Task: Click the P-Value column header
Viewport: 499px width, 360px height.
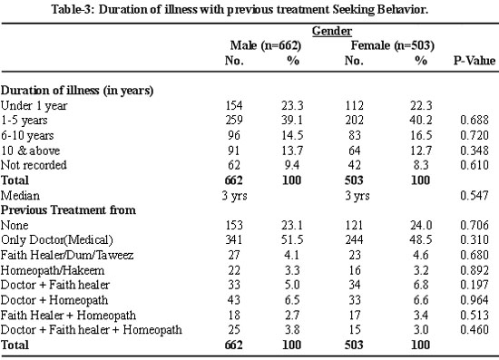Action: click(x=475, y=60)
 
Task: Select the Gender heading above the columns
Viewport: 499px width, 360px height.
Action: click(x=331, y=31)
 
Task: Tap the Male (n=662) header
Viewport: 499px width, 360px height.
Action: click(x=266, y=45)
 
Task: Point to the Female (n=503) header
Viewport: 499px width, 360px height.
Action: click(x=392, y=45)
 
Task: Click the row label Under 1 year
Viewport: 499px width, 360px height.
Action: click(x=34, y=105)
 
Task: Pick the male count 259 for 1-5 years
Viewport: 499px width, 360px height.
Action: click(x=234, y=120)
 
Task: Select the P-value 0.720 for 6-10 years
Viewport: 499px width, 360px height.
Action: click(x=475, y=135)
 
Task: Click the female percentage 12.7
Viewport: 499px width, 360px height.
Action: click(x=421, y=151)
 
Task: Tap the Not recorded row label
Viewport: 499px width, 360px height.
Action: click(x=34, y=165)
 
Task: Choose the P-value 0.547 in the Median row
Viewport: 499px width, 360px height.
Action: click(x=475, y=195)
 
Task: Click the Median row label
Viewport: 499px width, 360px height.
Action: click(x=20, y=195)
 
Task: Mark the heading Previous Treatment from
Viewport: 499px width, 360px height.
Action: click(x=68, y=209)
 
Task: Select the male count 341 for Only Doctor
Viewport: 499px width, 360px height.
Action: click(x=234, y=239)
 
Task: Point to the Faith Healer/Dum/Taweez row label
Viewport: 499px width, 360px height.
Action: click(x=67, y=255)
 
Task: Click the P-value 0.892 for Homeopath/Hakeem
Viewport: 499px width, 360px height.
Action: click(x=475, y=270)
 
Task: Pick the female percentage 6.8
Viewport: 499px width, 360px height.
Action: click(x=421, y=285)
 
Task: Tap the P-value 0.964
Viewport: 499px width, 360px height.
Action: click(x=475, y=299)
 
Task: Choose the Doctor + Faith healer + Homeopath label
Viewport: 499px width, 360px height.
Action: click(x=92, y=330)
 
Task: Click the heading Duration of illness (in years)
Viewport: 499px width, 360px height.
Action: click(x=77, y=91)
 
